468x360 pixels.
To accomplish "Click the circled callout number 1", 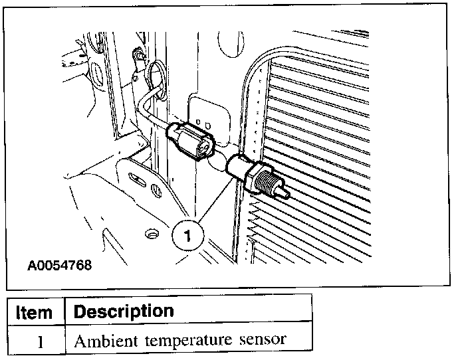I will [x=188, y=235].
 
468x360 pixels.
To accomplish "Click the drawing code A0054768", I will [x=59, y=265].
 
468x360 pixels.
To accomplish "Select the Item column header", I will [x=34, y=312].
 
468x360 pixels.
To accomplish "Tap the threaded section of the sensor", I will [x=267, y=180].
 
